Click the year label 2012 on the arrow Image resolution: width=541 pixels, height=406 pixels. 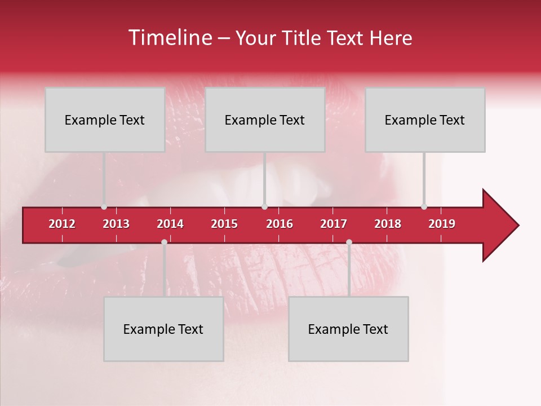pos(62,224)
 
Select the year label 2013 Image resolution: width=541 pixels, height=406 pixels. pos(116,224)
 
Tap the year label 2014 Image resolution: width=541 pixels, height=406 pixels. pos(170,224)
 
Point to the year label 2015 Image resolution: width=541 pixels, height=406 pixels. pos(224,224)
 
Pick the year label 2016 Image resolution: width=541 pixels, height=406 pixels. pos(280,224)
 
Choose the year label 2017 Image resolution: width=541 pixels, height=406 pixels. pos(334,224)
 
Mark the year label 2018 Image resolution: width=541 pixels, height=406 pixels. pos(388,224)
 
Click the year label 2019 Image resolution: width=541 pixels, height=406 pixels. pos(442,224)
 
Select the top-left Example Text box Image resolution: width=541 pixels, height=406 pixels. pos(105,120)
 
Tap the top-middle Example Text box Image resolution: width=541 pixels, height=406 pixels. pos(265,120)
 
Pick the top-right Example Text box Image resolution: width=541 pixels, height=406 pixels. pos(425,120)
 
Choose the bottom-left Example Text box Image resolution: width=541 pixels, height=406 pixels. pos(163,329)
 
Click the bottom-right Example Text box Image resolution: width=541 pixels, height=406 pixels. pos(348,329)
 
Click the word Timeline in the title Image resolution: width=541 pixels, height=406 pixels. pos(170,38)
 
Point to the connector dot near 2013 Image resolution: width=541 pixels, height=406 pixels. pos(104,207)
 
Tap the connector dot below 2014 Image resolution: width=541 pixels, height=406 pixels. pos(164,242)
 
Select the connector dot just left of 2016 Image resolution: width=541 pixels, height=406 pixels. pos(264,207)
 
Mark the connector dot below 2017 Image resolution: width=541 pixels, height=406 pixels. pos(349,242)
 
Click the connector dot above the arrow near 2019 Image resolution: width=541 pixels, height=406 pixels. pos(424,207)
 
